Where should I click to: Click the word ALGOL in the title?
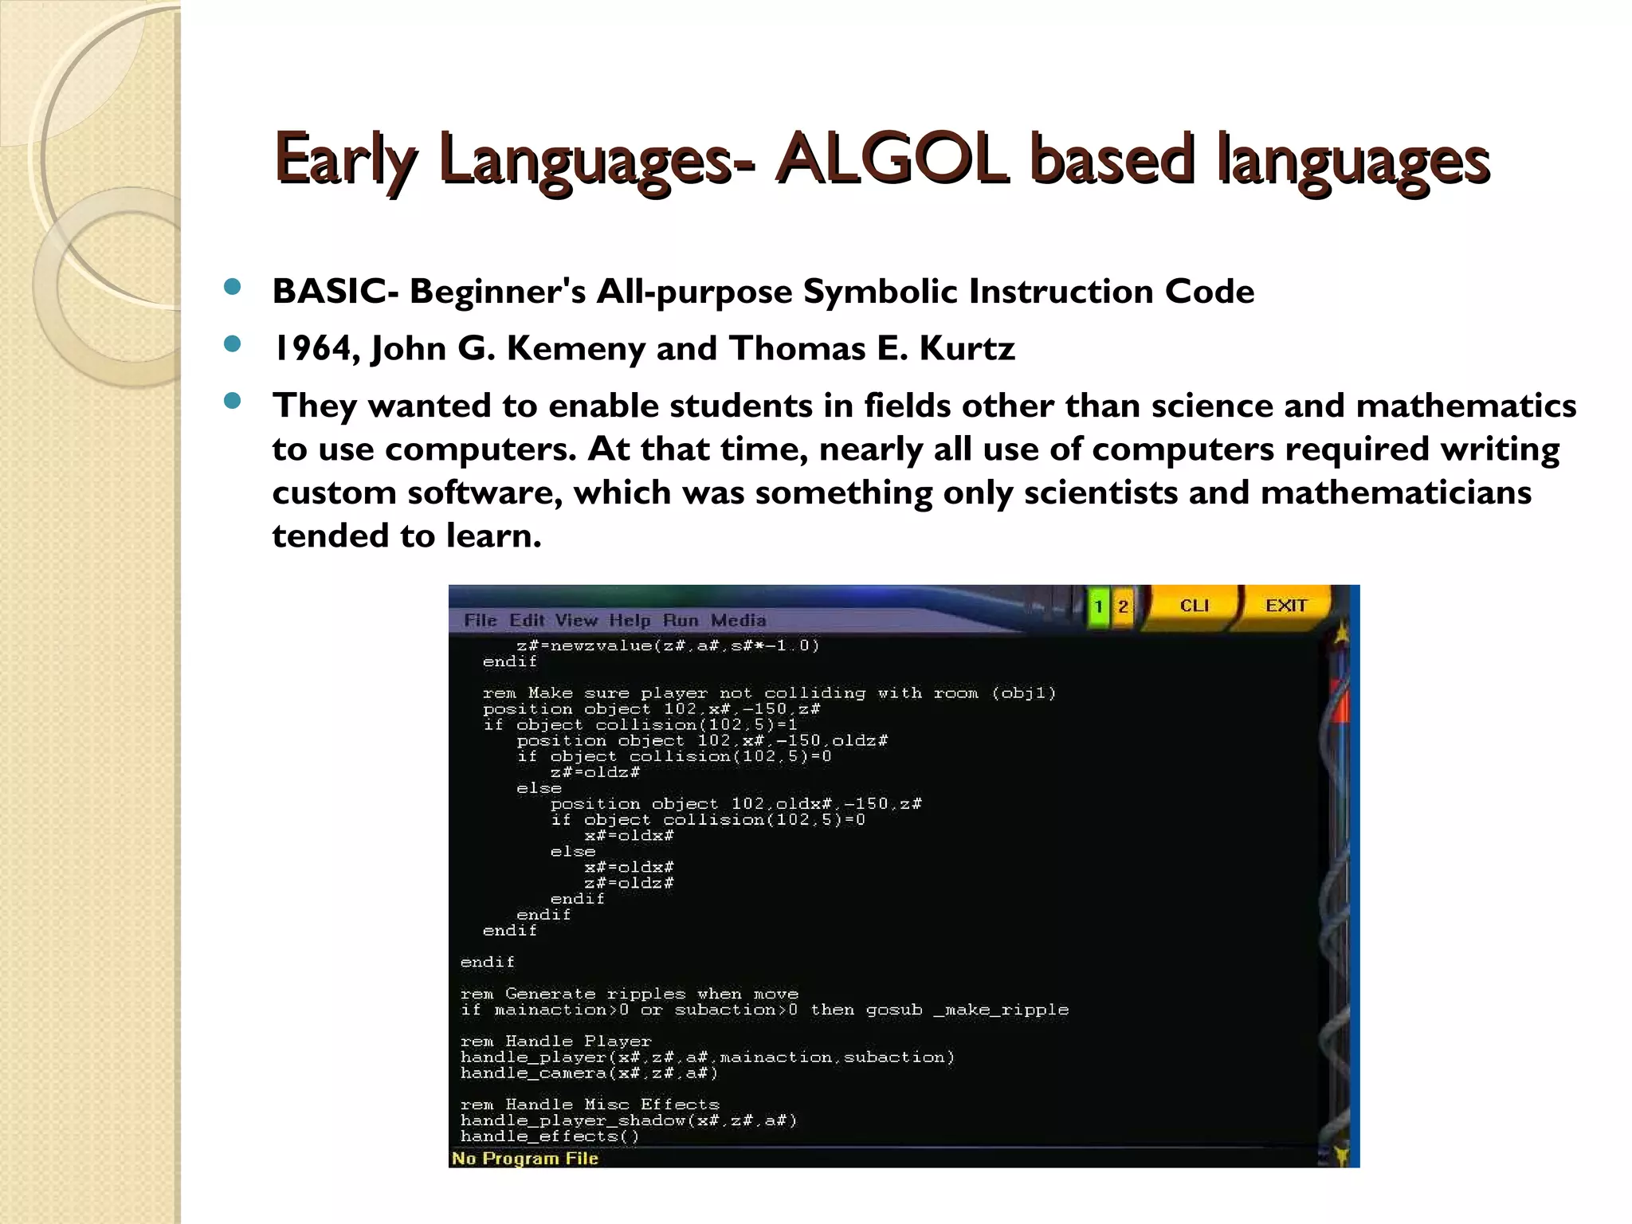pyautogui.click(x=891, y=158)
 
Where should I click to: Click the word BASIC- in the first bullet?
pyautogui.click(x=335, y=292)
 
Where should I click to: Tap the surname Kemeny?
pyautogui.click(x=576, y=349)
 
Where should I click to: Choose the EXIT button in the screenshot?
pyautogui.click(x=1285, y=606)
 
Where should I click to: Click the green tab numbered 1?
pyautogui.click(x=1098, y=607)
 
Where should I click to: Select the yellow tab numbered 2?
pyautogui.click(x=1123, y=607)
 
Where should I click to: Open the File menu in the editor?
pyautogui.click(x=480, y=620)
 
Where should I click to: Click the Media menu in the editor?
pyautogui.click(x=738, y=620)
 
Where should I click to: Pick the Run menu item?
pyautogui.click(x=680, y=620)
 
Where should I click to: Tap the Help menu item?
pyautogui.click(x=630, y=620)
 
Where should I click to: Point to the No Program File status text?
pyautogui.click(x=524, y=1158)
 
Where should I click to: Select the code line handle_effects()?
pyautogui.click(x=549, y=1136)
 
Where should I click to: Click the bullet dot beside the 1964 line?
pyautogui.click(x=233, y=344)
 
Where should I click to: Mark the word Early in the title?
pyautogui.click(x=344, y=158)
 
